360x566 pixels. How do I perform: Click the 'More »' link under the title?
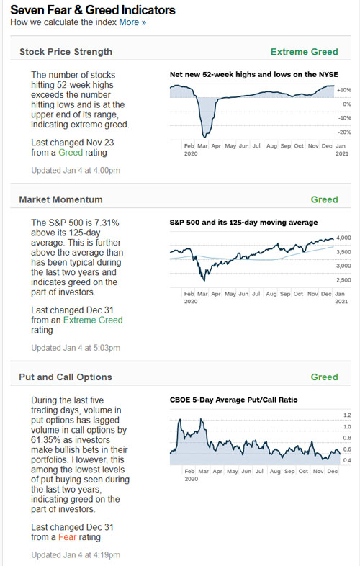coord(132,22)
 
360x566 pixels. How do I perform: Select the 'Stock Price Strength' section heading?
coord(66,51)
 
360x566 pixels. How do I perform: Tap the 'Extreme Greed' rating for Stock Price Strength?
coord(304,51)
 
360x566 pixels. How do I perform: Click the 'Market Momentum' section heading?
coord(60,199)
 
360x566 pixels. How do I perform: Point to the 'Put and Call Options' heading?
coord(66,377)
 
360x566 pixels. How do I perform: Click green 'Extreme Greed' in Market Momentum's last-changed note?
coord(91,320)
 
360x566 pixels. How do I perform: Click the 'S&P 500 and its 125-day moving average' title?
coord(243,223)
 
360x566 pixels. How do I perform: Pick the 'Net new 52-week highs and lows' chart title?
coord(253,75)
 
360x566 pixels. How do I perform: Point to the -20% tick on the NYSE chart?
coord(344,132)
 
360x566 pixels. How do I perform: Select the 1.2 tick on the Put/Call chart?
coord(346,415)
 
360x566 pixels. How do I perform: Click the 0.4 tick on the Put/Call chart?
coord(346,460)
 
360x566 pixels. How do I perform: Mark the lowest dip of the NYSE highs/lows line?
coord(206,135)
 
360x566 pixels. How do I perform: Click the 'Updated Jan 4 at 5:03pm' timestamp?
coord(76,348)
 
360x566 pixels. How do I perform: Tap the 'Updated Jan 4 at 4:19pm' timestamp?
coord(76,554)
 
